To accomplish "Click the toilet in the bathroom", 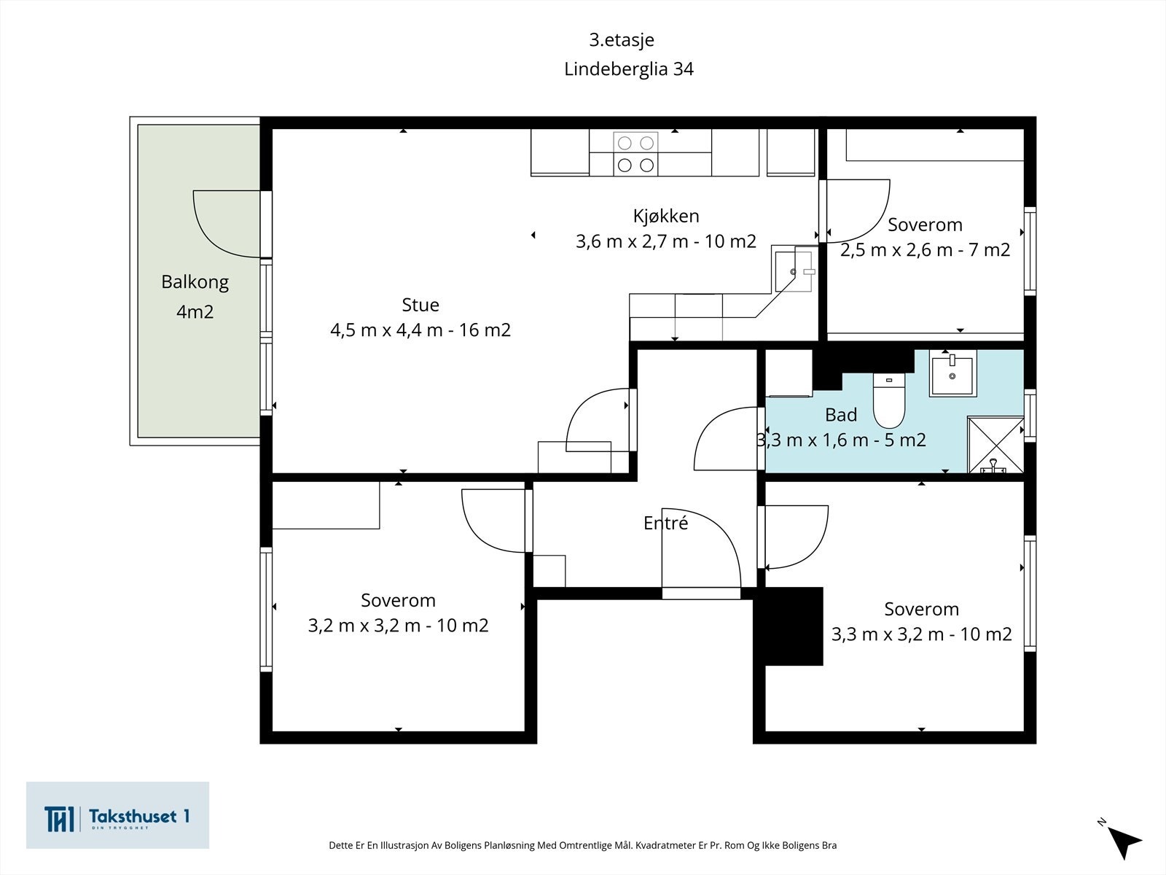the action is click(888, 400).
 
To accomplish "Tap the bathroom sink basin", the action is click(952, 373).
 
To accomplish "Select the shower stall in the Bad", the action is click(995, 445).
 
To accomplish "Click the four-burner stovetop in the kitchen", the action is click(636, 154).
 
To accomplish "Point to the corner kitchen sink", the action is click(794, 272).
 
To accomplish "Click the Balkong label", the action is click(195, 282).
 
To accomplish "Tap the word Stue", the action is click(420, 305).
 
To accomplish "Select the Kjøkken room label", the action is click(666, 217).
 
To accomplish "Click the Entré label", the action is click(665, 523).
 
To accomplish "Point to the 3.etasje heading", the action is click(622, 40).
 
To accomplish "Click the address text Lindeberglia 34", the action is click(628, 69).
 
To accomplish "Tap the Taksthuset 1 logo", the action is click(117, 815).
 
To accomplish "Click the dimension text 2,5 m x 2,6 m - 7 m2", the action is click(925, 249).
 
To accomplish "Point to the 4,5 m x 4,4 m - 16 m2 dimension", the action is click(420, 330).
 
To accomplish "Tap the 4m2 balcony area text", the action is click(195, 311).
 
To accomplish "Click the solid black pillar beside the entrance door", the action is click(789, 626).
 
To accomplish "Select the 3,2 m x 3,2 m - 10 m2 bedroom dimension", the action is click(398, 626).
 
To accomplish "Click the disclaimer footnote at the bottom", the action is click(583, 845).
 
